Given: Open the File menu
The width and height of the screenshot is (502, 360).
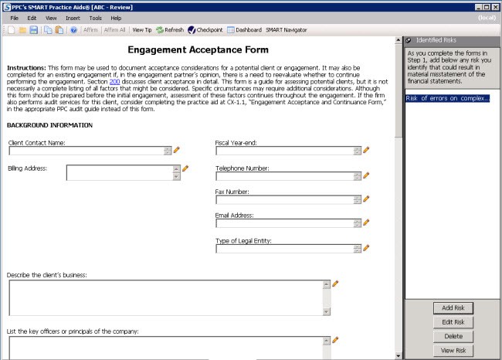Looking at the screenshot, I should coord(15,18).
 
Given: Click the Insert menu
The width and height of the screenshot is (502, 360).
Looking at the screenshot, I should coord(73,18).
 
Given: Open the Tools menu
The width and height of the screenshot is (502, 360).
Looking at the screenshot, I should coord(95,18).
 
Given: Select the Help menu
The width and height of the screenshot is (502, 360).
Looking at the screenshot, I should coord(116,18).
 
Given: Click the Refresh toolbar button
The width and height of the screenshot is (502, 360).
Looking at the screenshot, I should coord(170,30).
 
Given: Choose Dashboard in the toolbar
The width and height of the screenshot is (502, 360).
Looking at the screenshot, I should coord(244,30).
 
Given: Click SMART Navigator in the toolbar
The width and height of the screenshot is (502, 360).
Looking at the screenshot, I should coord(286,30).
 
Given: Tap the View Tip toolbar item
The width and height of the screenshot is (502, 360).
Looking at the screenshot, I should coord(142,30).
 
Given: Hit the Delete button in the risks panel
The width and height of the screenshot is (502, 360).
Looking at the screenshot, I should coord(453,336).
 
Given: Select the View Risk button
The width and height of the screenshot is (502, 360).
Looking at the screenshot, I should coord(453,350).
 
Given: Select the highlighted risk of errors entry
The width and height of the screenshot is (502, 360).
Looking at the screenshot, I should coord(447,98).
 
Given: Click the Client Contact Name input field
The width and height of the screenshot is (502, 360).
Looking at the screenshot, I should coord(85,151).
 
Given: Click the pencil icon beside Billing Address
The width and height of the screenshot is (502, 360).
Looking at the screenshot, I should coord(185,168).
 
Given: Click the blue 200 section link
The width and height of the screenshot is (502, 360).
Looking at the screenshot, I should coord(114,80).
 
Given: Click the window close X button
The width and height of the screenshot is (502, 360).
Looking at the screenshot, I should coord(495,6).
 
